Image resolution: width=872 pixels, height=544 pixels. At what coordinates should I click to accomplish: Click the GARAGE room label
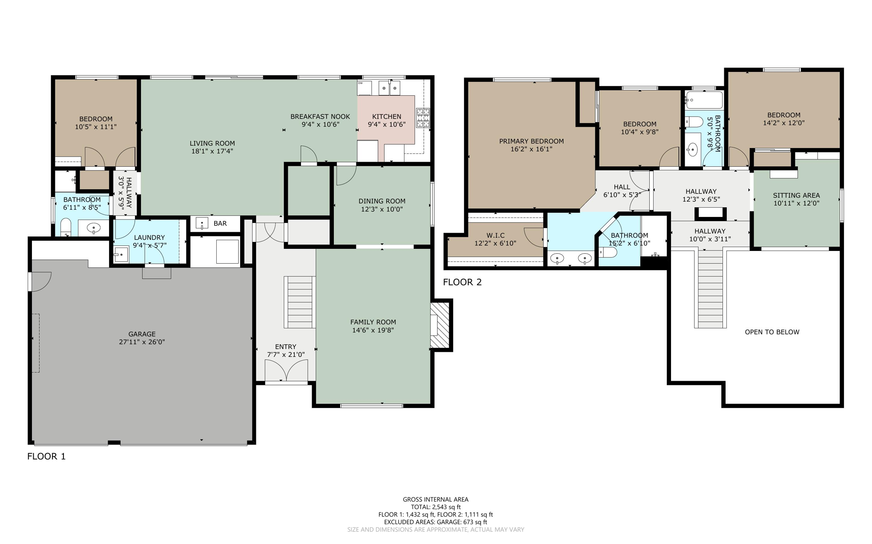(x=142, y=334)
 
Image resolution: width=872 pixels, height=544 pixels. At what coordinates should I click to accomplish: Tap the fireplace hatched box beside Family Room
(x=440, y=325)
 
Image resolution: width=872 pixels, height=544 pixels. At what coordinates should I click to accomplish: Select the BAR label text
(x=220, y=223)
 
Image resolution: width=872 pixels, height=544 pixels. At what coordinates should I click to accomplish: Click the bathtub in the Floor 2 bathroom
(x=704, y=100)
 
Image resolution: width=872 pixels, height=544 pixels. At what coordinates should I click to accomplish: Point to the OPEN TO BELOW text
(x=772, y=332)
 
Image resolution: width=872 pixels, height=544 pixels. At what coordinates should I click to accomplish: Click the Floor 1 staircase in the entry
(x=300, y=302)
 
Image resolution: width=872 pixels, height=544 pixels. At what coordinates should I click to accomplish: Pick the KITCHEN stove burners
(x=423, y=118)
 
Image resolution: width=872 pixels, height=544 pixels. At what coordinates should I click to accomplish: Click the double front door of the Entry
(x=286, y=370)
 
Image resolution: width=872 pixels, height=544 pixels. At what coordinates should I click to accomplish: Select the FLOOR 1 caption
(x=46, y=456)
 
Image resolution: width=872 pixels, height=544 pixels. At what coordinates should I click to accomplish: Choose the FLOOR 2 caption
(x=462, y=282)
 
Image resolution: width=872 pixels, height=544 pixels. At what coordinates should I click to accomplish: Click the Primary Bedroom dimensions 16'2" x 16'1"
(x=531, y=149)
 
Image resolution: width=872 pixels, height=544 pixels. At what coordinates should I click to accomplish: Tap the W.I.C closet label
(x=495, y=236)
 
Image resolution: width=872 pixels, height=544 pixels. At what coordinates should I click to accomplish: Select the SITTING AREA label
(x=796, y=196)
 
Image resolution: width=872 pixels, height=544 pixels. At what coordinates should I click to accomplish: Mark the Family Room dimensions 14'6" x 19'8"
(x=373, y=330)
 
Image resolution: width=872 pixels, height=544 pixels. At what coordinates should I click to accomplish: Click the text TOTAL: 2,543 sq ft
(x=436, y=507)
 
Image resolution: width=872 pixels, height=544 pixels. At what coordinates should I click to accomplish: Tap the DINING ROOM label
(x=382, y=201)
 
